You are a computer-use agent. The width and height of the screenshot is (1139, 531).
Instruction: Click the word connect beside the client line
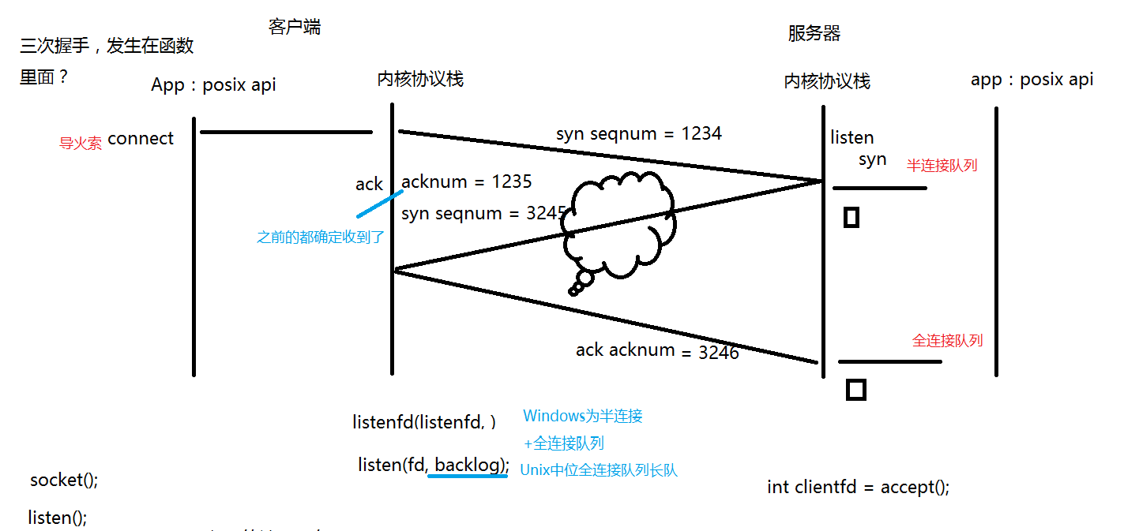point(141,139)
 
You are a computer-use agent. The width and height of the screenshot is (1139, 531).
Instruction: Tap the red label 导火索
point(81,144)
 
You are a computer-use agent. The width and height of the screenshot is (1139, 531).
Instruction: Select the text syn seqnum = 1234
point(638,133)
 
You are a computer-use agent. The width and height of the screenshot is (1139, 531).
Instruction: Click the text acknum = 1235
point(466,181)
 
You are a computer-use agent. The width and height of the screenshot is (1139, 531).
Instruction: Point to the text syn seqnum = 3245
point(484,213)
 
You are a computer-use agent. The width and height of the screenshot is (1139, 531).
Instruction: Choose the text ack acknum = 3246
point(657,350)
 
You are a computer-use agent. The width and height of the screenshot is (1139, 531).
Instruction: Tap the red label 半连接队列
point(942,166)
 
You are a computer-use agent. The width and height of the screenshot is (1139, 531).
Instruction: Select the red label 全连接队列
point(947,341)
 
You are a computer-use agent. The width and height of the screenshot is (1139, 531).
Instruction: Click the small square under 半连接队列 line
point(851,217)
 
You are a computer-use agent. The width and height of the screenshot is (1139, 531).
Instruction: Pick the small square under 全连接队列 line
point(855,389)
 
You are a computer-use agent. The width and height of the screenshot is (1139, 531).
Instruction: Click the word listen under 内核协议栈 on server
point(851,138)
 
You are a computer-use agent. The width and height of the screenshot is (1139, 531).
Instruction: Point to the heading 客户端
point(295,28)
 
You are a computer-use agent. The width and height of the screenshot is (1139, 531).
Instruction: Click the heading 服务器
point(814,33)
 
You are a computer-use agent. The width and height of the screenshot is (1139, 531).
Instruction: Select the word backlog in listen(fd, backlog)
point(469,465)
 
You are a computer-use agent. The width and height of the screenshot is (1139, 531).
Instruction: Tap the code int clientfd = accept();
point(858,487)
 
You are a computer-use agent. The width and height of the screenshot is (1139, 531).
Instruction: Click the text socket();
point(64,480)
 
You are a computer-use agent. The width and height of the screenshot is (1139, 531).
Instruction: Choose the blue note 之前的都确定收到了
point(321,237)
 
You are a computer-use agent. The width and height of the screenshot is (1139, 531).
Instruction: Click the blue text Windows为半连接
point(583,416)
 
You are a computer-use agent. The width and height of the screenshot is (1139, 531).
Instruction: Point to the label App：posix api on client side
point(213,84)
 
